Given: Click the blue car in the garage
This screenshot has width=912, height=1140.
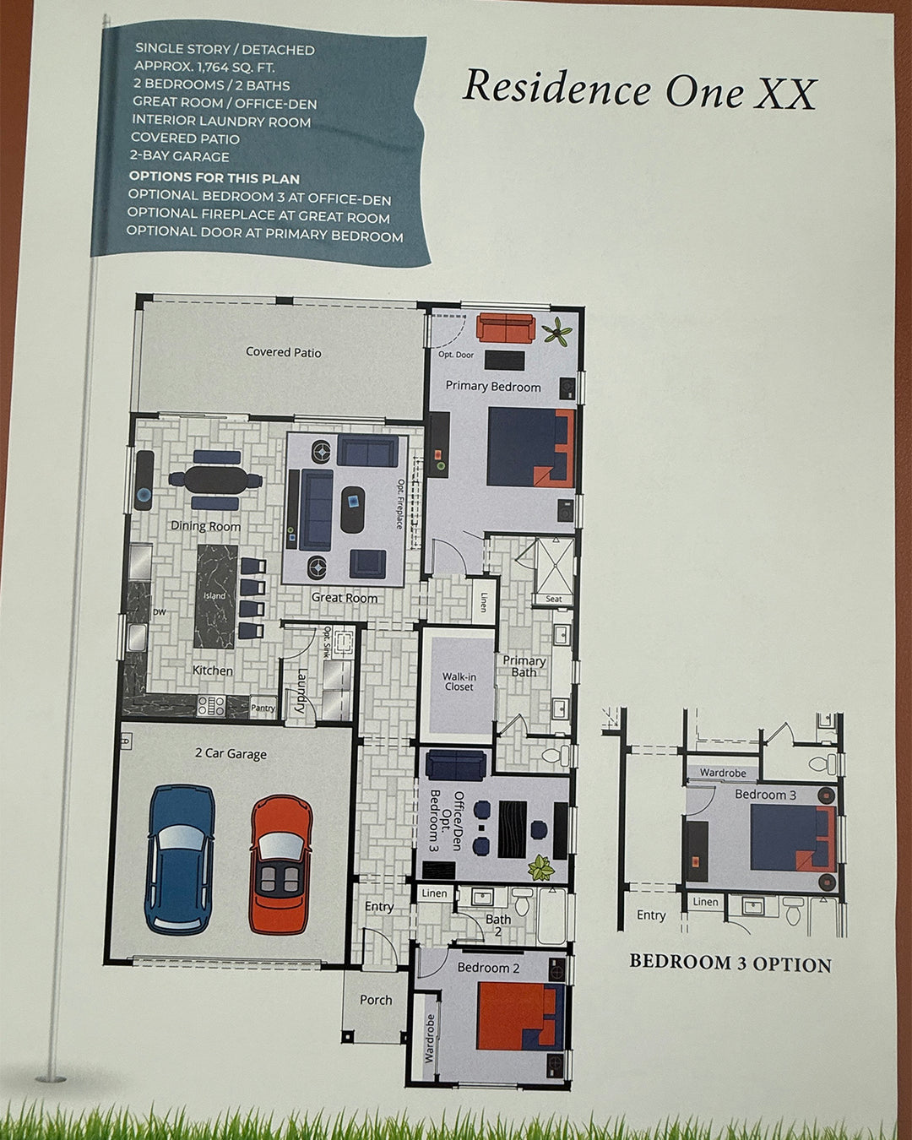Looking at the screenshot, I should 180,860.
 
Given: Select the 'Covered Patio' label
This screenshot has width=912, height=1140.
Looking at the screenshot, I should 284,352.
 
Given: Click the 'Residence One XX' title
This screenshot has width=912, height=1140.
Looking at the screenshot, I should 639,90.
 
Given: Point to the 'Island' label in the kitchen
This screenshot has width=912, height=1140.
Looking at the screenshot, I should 214,596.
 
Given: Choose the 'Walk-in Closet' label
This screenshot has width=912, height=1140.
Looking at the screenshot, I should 459,681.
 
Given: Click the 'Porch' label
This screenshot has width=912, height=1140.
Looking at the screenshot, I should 376,1000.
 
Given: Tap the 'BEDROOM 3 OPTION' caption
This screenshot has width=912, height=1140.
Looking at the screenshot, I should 730,964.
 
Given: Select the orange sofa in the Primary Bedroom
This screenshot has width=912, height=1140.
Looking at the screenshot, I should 505,328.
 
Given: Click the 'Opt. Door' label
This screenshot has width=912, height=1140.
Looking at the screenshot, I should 456,355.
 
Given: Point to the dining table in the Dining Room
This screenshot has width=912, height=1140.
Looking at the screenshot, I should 215,480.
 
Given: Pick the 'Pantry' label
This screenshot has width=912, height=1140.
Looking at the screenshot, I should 263,708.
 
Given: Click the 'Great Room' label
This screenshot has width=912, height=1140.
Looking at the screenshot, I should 345,597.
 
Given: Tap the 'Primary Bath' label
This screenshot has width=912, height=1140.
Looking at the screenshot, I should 524,666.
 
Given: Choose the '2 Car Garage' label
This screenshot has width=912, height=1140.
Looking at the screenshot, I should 231,753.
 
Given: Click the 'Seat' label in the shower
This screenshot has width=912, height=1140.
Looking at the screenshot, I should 554,599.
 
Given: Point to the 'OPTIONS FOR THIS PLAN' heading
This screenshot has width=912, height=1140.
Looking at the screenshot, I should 214,178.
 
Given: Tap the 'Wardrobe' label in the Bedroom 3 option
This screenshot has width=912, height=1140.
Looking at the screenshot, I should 723,773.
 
